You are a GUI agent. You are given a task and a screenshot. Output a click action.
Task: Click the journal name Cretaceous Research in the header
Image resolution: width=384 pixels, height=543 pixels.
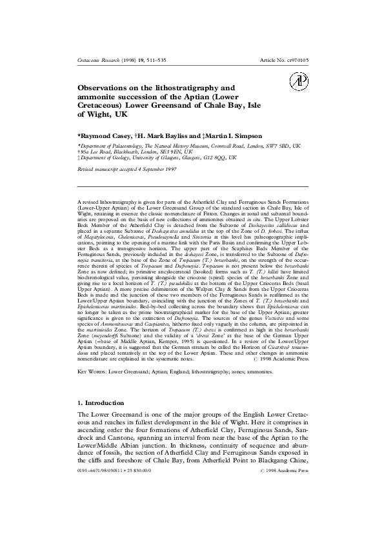click(95, 59)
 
